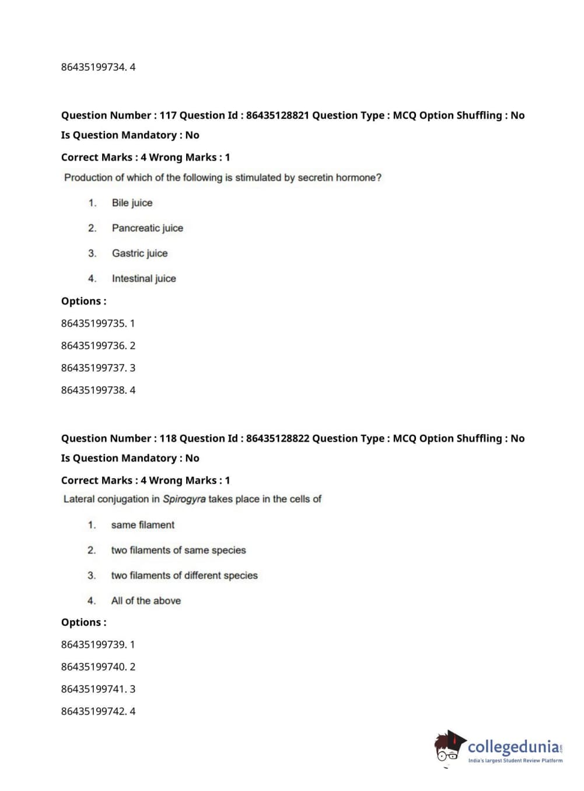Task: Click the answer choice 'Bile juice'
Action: pos(132,203)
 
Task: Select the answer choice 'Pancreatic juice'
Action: pos(147,228)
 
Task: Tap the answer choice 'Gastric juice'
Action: pos(139,253)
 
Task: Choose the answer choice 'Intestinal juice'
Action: pos(144,279)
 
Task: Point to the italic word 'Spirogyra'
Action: pos(184,499)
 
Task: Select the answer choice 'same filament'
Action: pos(142,525)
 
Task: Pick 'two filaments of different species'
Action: pos(184,576)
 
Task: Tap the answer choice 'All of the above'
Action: pos(146,601)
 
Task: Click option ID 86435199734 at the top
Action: pos(93,67)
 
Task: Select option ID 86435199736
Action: pos(93,346)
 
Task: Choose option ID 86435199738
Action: pos(93,390)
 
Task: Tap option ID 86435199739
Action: pos(93,645)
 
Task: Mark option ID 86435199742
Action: pos(93,712)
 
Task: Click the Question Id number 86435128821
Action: pos(277,116)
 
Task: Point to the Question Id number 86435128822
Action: pos(277,439)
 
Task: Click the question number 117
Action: pos(168,116)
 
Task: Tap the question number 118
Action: pos(168,439)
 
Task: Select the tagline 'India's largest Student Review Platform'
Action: pos(515,761)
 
